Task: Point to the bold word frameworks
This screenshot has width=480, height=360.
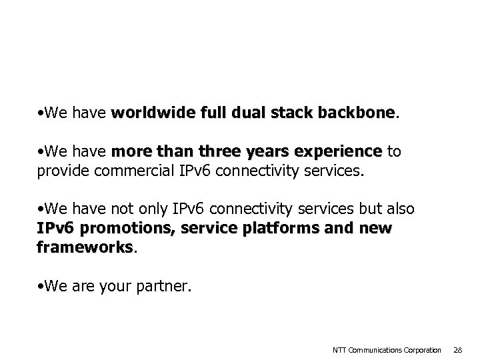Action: point(85,247)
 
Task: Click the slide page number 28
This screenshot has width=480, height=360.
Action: point(457,350)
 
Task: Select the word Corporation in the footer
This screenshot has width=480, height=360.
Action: point(423,350)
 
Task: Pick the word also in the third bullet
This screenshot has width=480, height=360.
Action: point(400,209)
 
